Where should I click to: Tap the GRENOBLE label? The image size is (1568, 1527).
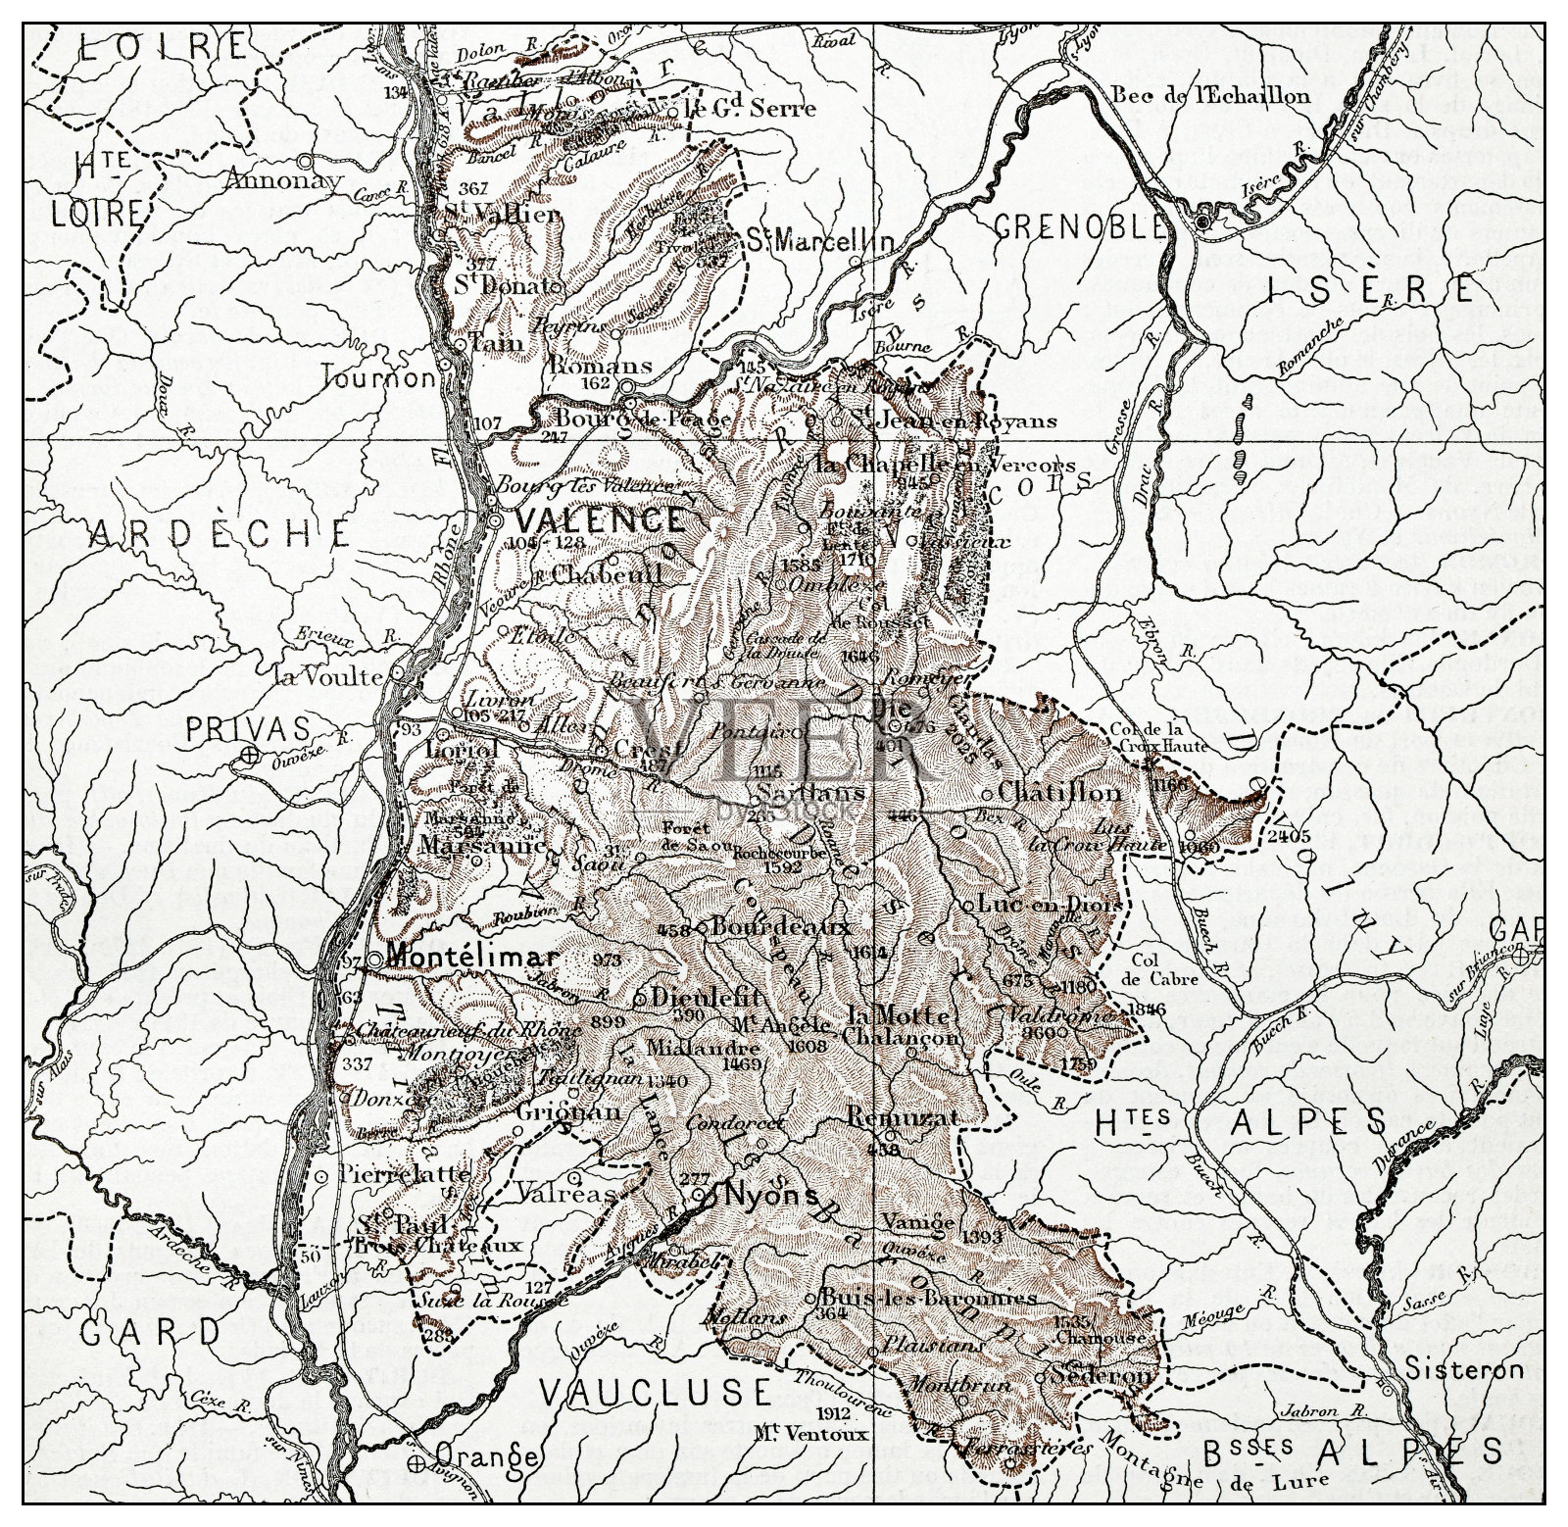(1080, 227)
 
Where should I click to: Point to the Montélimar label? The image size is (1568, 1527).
(472, 957)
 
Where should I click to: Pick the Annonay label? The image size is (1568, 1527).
(283, 179)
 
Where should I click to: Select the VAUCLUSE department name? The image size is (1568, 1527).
(656, 1391)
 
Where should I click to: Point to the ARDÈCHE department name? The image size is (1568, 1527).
(220, 532)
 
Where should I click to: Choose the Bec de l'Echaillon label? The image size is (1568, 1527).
(1210, 95)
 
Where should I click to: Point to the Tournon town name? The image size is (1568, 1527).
(377, 377)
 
